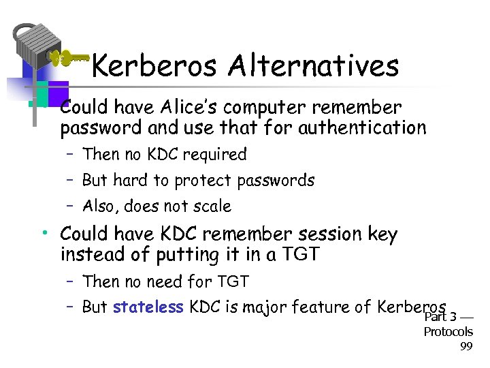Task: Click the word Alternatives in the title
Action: (x=314, y=66)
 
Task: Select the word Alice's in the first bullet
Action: (x=195, y=108)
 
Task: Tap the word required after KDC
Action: (x=215, y=155)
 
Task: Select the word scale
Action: (x=212, y=206)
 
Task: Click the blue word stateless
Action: (x=148, y=307)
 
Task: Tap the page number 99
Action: (x=466, y=347)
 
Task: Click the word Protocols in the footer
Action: (x=448, y=332)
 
